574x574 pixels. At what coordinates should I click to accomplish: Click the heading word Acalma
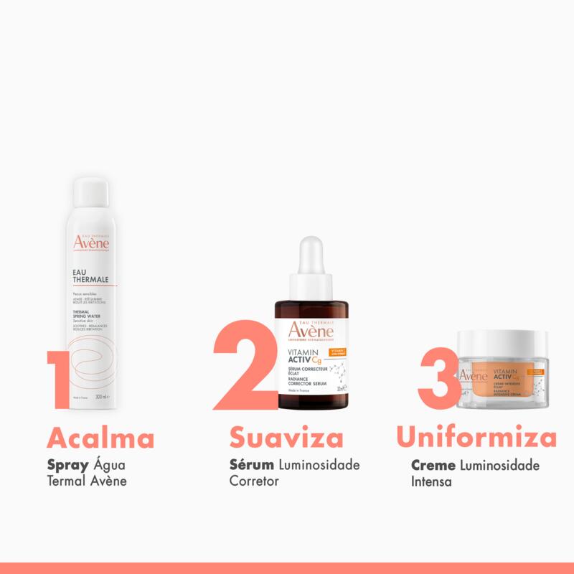click(x=100, y=437)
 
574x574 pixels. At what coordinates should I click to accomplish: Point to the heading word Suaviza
click(x=286, y=437)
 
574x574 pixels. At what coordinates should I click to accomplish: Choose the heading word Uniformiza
click(x=476, y=437)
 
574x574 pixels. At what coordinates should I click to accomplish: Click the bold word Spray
click(x=67, y=464)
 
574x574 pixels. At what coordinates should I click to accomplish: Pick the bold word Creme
click(x=433, y=465)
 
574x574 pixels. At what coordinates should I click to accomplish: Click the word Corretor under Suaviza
click(x=253, y=481)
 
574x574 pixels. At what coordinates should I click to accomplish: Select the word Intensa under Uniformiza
click(x=431, y=481)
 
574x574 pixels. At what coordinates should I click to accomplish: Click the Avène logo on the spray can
click(x=91, y=243)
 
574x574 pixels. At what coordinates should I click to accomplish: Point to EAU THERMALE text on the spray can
click(x=90, y=276)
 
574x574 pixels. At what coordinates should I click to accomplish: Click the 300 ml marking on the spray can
click(x=101, y=397)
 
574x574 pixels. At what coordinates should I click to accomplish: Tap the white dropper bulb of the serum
click(x=313, y=255)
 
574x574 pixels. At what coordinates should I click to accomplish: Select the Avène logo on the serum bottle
click(x=312, y=331)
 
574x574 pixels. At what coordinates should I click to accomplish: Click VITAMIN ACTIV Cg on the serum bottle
click(x=305, y=355)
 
